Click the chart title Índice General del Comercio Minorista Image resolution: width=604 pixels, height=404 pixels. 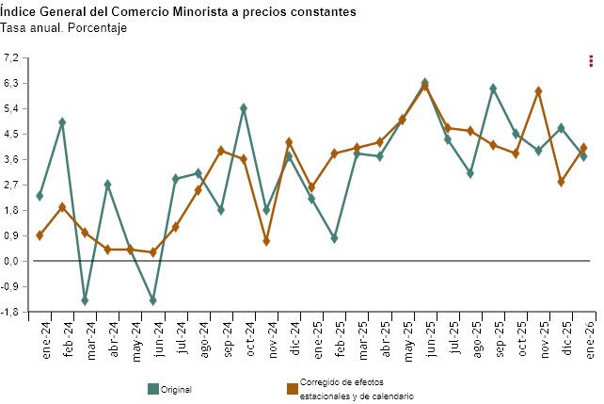tap(179, 12)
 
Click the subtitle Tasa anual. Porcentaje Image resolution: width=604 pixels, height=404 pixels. tap(64, 28)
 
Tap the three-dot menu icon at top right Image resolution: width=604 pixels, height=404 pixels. tap(590, 61)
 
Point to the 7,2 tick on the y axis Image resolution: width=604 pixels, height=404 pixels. tap(12, 58)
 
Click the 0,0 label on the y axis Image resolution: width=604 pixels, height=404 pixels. tap(12, 261)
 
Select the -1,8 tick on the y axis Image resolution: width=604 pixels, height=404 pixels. tap(12, 312)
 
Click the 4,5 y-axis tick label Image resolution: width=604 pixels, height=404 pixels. tap(12, 134)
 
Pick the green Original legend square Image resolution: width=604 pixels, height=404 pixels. tap(153, 388)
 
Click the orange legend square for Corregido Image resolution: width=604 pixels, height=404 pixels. tap(293, 388)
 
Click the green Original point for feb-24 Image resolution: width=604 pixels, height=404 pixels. tap(62, 121)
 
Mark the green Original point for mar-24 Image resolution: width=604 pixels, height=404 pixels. tap(85, 300)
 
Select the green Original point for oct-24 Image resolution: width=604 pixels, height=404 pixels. tap(244, 108)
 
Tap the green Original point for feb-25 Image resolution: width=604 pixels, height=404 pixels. tap(334, 238)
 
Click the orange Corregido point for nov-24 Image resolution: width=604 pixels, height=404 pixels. tap(266, 241)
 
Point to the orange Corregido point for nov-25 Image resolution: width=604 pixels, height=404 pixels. tap(538, 91)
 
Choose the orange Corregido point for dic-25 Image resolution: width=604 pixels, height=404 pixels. tap(561, 182)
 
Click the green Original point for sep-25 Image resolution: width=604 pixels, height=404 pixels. tap(493, 89)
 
